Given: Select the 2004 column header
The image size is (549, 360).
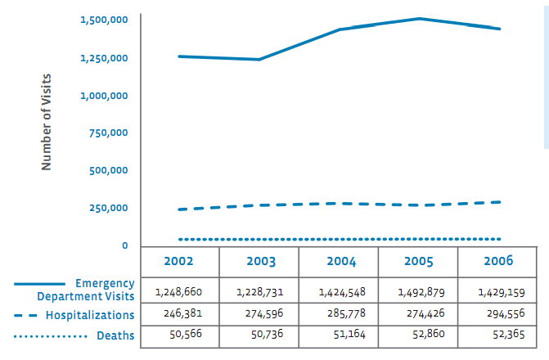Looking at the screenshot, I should tap(339, 262).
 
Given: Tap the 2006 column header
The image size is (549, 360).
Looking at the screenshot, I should tap(497, 261).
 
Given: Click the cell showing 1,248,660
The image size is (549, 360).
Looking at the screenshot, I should tap(178, 291).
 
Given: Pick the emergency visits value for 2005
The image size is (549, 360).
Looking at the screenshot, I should tap(417, 291).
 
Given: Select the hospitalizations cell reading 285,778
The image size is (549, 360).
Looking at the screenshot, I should tap(338, 314).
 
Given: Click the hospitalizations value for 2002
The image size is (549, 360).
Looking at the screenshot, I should tap(178, 314).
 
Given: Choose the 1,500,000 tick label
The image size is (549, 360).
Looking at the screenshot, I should tap(104, 20).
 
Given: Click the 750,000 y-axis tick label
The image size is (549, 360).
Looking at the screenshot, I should tap(108, 133).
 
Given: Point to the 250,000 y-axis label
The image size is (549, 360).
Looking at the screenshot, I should tap(108, 208).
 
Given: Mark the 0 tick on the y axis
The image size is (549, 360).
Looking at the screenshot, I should tap(124, 245).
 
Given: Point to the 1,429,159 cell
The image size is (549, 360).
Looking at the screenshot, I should tap(497, 291).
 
